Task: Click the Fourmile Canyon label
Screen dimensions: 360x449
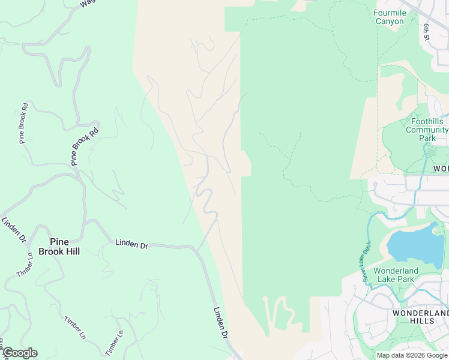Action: pyautogui.click(x=390, y=17)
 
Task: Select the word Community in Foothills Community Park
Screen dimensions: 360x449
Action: pyautogui.click(x=426, y=130)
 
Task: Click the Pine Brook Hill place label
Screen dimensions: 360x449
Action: pyautogui.click(x=59, y=247)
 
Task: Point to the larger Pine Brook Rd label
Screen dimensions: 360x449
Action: pyautogui.click(x=84, y=147)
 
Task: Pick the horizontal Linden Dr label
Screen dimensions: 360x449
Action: pyautogui.click(x=131, y=243)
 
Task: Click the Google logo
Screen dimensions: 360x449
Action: pyautogui.click(x=20, y=353)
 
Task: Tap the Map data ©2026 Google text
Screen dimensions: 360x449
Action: pyautogui.click(x=412, y=355)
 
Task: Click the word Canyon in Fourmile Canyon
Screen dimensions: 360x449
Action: pyautogui.click(x=390, y=21)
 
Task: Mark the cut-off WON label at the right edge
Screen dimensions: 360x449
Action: pyautogui.click(x=441, y=169)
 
